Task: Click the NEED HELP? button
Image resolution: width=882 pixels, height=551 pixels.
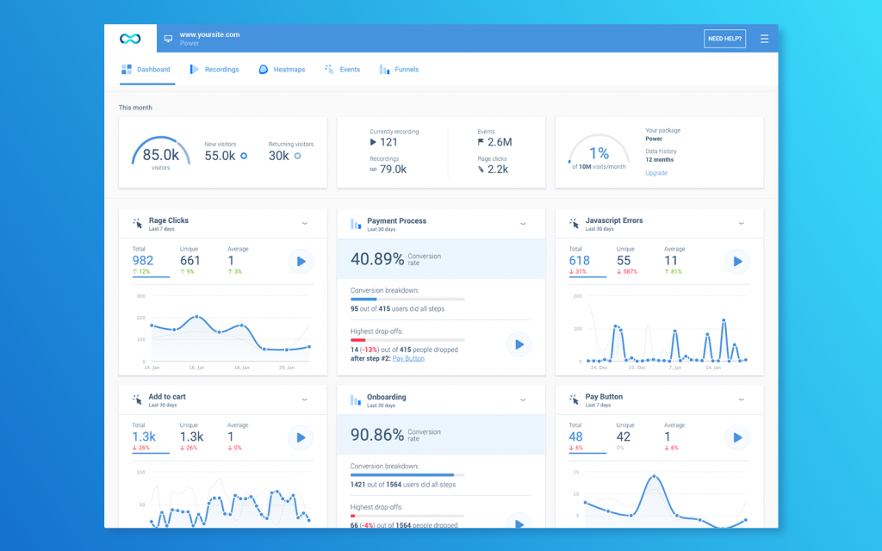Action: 724,39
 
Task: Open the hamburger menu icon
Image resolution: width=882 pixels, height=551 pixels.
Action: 764,39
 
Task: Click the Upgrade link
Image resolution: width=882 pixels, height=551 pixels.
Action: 656,173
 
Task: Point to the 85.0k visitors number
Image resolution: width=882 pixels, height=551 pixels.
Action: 160,155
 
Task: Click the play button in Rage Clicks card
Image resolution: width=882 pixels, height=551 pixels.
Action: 301,261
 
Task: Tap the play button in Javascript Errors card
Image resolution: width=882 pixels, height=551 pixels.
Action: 736,261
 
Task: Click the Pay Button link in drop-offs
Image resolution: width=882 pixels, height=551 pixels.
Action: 408,358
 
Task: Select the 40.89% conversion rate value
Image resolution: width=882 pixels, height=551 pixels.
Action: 376,258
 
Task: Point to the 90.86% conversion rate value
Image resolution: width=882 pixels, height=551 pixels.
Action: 376,435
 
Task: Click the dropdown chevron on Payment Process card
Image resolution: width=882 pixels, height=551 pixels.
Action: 523,224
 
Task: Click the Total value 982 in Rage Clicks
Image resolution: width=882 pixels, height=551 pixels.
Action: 143,261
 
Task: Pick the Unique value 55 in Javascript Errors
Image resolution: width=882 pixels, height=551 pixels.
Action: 624,261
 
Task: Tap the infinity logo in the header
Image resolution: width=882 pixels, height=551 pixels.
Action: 130,39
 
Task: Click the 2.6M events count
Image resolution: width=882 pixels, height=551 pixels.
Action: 499,142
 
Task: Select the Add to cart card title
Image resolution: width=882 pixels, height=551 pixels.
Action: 167,397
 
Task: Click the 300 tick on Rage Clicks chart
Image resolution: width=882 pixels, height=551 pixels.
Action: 140,296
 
